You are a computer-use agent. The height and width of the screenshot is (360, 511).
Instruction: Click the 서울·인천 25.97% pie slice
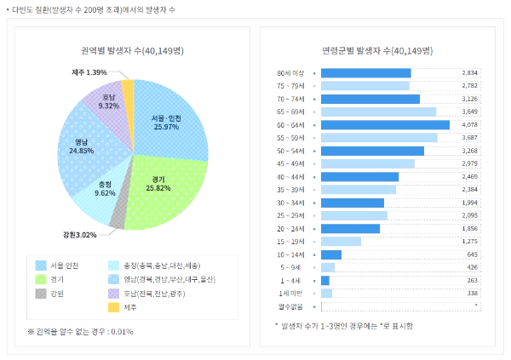(170, 119)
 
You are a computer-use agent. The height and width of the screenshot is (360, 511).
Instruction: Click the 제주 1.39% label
(89, 72)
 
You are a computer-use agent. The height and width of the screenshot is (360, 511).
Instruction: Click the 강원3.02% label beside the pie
(80, 234)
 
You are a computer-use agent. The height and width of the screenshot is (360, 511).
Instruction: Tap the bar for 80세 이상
(366, 73)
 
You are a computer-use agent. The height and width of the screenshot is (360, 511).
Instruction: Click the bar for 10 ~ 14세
(331, 254)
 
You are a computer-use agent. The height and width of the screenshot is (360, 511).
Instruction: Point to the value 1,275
(469, 242)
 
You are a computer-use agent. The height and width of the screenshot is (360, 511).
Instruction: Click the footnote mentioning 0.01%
(80, 331)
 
